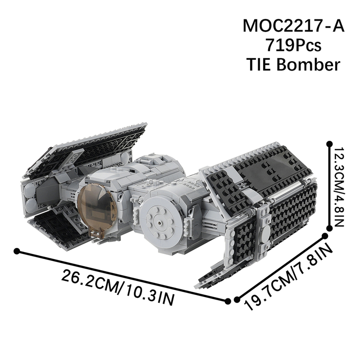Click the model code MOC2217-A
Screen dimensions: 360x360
pos(293,26)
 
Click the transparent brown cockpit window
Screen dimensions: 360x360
pos(96,207)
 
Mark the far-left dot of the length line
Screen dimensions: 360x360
pos(17,251)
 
